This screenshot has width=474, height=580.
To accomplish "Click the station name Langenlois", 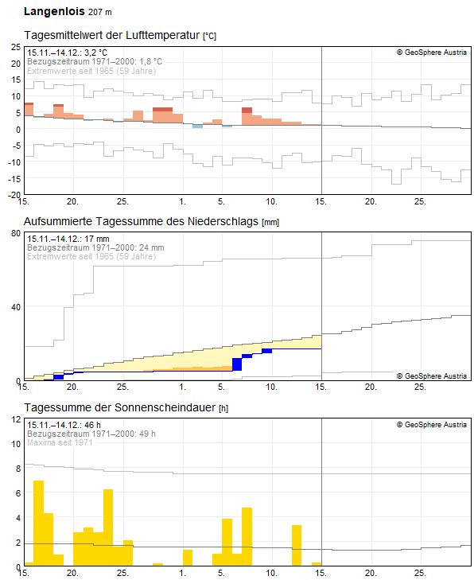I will point(52,12).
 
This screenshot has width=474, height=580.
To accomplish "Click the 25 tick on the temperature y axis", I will point(15,47).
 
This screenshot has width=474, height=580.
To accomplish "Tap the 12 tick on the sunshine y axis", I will point(15,419).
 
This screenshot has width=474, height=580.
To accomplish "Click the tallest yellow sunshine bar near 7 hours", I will point(38,524).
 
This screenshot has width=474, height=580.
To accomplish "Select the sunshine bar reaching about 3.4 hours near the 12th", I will point(297,545).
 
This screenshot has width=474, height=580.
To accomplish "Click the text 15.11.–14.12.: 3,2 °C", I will point(67,53).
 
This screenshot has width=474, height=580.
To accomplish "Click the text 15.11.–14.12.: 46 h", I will point(60,425).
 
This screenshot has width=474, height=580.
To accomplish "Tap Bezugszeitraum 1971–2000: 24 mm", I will point(95,247).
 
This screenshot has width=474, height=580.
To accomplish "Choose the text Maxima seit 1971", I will point(60,442).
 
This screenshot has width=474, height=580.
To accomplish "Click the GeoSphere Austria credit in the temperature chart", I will point(431,53).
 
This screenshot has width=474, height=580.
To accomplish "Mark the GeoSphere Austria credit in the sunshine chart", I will point(431,425).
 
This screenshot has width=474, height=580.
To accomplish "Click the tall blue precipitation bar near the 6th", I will point(237,364).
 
